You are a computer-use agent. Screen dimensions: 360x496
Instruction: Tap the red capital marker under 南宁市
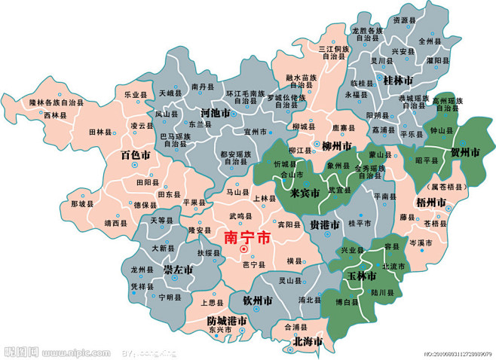click(243, 249)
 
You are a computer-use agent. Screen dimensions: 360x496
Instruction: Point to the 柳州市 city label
click(336, 145)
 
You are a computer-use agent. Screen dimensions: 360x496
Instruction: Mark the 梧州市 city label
click(431, 202)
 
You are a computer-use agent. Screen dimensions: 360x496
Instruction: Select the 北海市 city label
click(307, 341)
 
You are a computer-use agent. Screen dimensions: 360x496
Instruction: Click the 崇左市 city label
click(179, 269)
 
